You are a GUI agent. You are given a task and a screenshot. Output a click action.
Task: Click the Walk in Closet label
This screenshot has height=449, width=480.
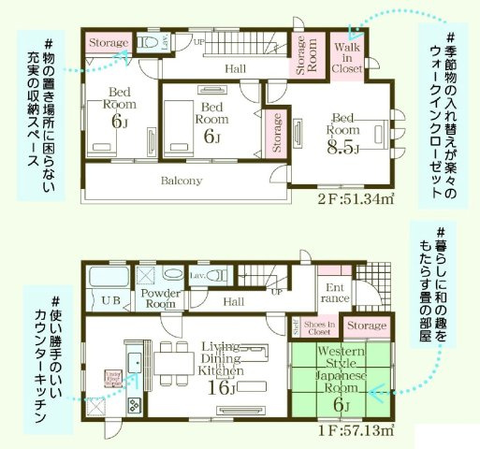pyautogui.click(x=347, y=56)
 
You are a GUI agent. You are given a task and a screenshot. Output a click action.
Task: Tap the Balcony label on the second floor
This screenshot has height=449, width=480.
pyautogui.click(x=182, y=181)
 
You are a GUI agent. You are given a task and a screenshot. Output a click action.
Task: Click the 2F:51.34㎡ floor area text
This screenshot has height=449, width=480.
pyautogui.click(x=355, y=199)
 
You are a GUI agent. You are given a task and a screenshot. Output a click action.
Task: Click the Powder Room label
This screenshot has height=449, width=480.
pyautogui.click(x=160, y=297)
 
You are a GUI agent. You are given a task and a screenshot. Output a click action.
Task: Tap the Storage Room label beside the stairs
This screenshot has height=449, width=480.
pyautogui.click(x=307, y=55)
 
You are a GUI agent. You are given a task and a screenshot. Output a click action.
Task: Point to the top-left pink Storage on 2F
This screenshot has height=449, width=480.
pyautogui.click(x=109, y=42)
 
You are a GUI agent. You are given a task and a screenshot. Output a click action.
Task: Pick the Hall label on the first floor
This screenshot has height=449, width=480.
pyautogui.click(x=234, y=301)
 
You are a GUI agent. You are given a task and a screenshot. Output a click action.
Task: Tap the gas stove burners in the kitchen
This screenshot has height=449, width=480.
pyautogui.click(x=133, y=405)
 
